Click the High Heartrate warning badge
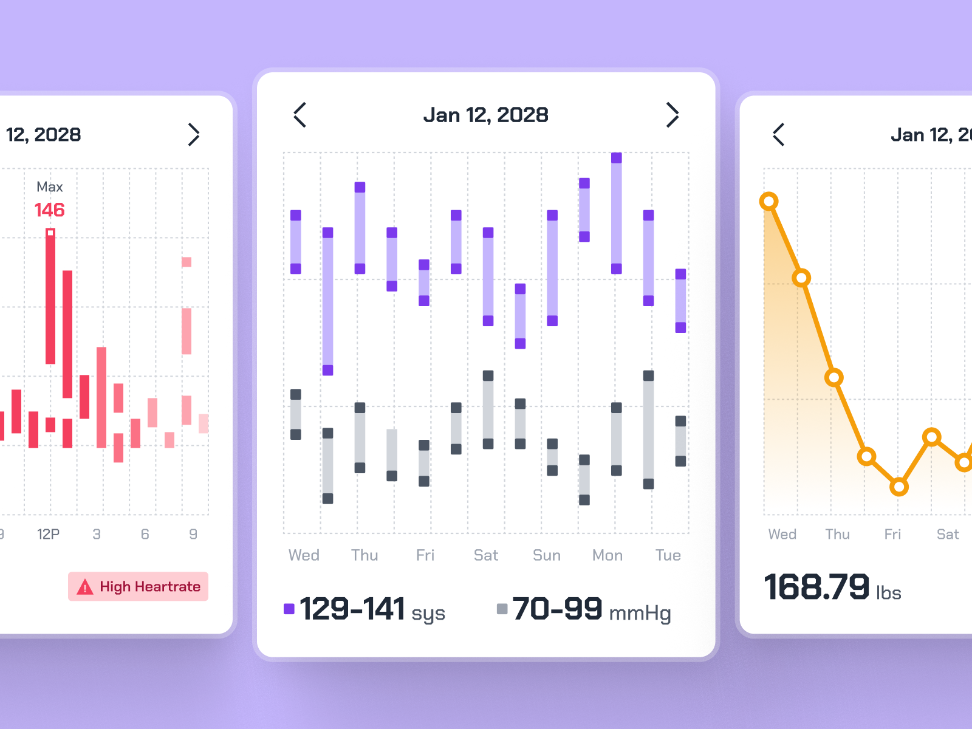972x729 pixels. [x=139, y=586]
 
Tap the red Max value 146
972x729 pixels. [x=49, y=210]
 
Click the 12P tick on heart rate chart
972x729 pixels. [x=48, y=534]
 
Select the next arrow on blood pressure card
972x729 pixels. [x=672, y=115]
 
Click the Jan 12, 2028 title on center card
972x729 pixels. [x=485, y=115]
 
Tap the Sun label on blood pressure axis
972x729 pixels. [x=546, y=555]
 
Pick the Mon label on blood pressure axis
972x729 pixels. [x=607, y=555]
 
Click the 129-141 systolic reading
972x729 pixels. [x=352, y=609]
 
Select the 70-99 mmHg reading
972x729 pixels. [x=558, y=609]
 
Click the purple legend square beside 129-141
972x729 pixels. [x=289, y=609]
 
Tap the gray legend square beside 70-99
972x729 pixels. [x=502, y=609]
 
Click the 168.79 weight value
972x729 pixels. [x=816, y=587]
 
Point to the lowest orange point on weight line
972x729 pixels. [x=899, y=487]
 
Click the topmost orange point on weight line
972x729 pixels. [x=769, y=201]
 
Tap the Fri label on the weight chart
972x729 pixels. [x=892, y=534]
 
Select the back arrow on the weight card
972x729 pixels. [x=779, y=135]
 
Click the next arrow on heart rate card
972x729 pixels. [x=193, y=135]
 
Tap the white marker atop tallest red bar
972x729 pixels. [x=50, y=233]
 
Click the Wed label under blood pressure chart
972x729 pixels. [x=304, y=555]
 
